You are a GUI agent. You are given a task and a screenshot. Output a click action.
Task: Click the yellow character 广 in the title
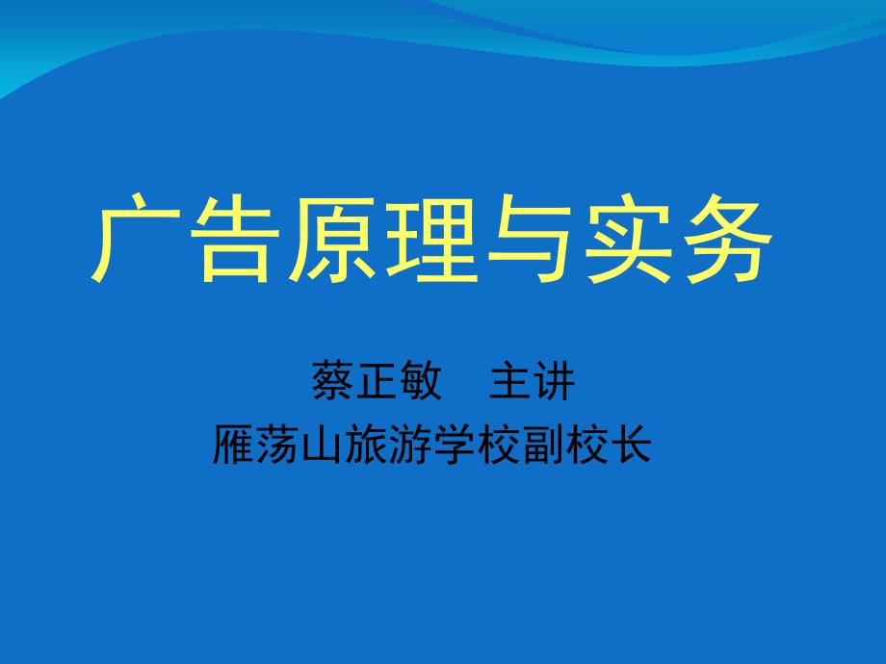point(136,238)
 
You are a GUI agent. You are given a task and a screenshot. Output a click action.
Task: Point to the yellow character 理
point(431,238)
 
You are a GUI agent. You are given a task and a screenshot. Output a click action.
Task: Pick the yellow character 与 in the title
point(530,238)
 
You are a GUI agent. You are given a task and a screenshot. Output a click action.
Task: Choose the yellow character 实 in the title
point(628,238)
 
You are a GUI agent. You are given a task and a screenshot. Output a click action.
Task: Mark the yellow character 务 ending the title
point(728,238)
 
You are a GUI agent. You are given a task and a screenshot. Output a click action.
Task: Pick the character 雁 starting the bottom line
point(234,445)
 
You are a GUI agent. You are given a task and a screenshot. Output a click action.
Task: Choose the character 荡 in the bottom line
point(278,445)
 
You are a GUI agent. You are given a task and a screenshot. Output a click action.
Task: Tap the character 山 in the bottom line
point(322,445)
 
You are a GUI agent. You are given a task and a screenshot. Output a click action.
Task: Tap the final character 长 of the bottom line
point(631,445)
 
